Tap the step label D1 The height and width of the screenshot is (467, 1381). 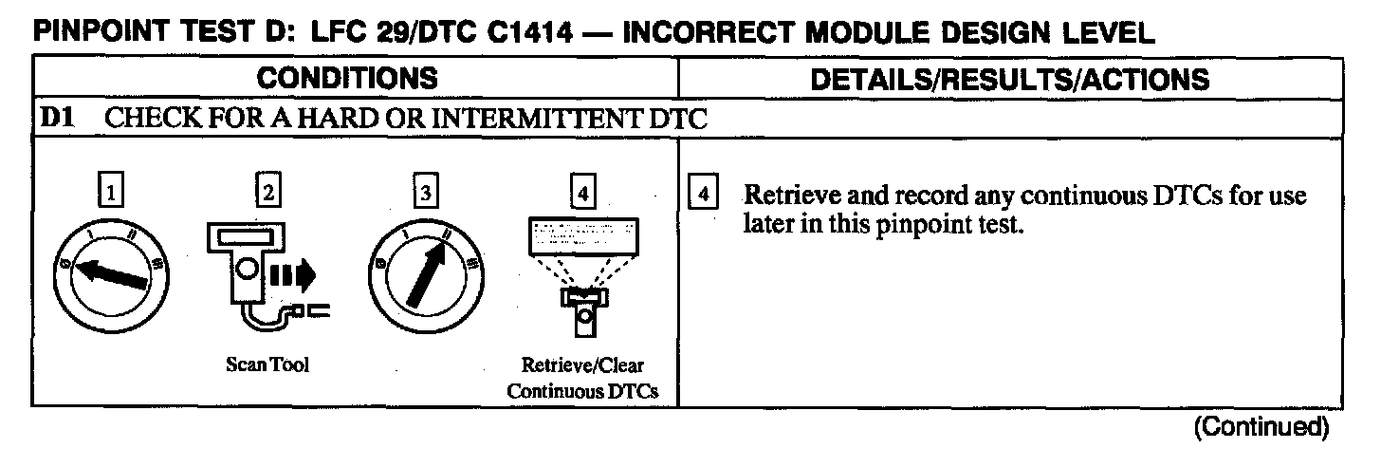(51, 121)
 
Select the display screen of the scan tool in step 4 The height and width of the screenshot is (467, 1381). (583, 233)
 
